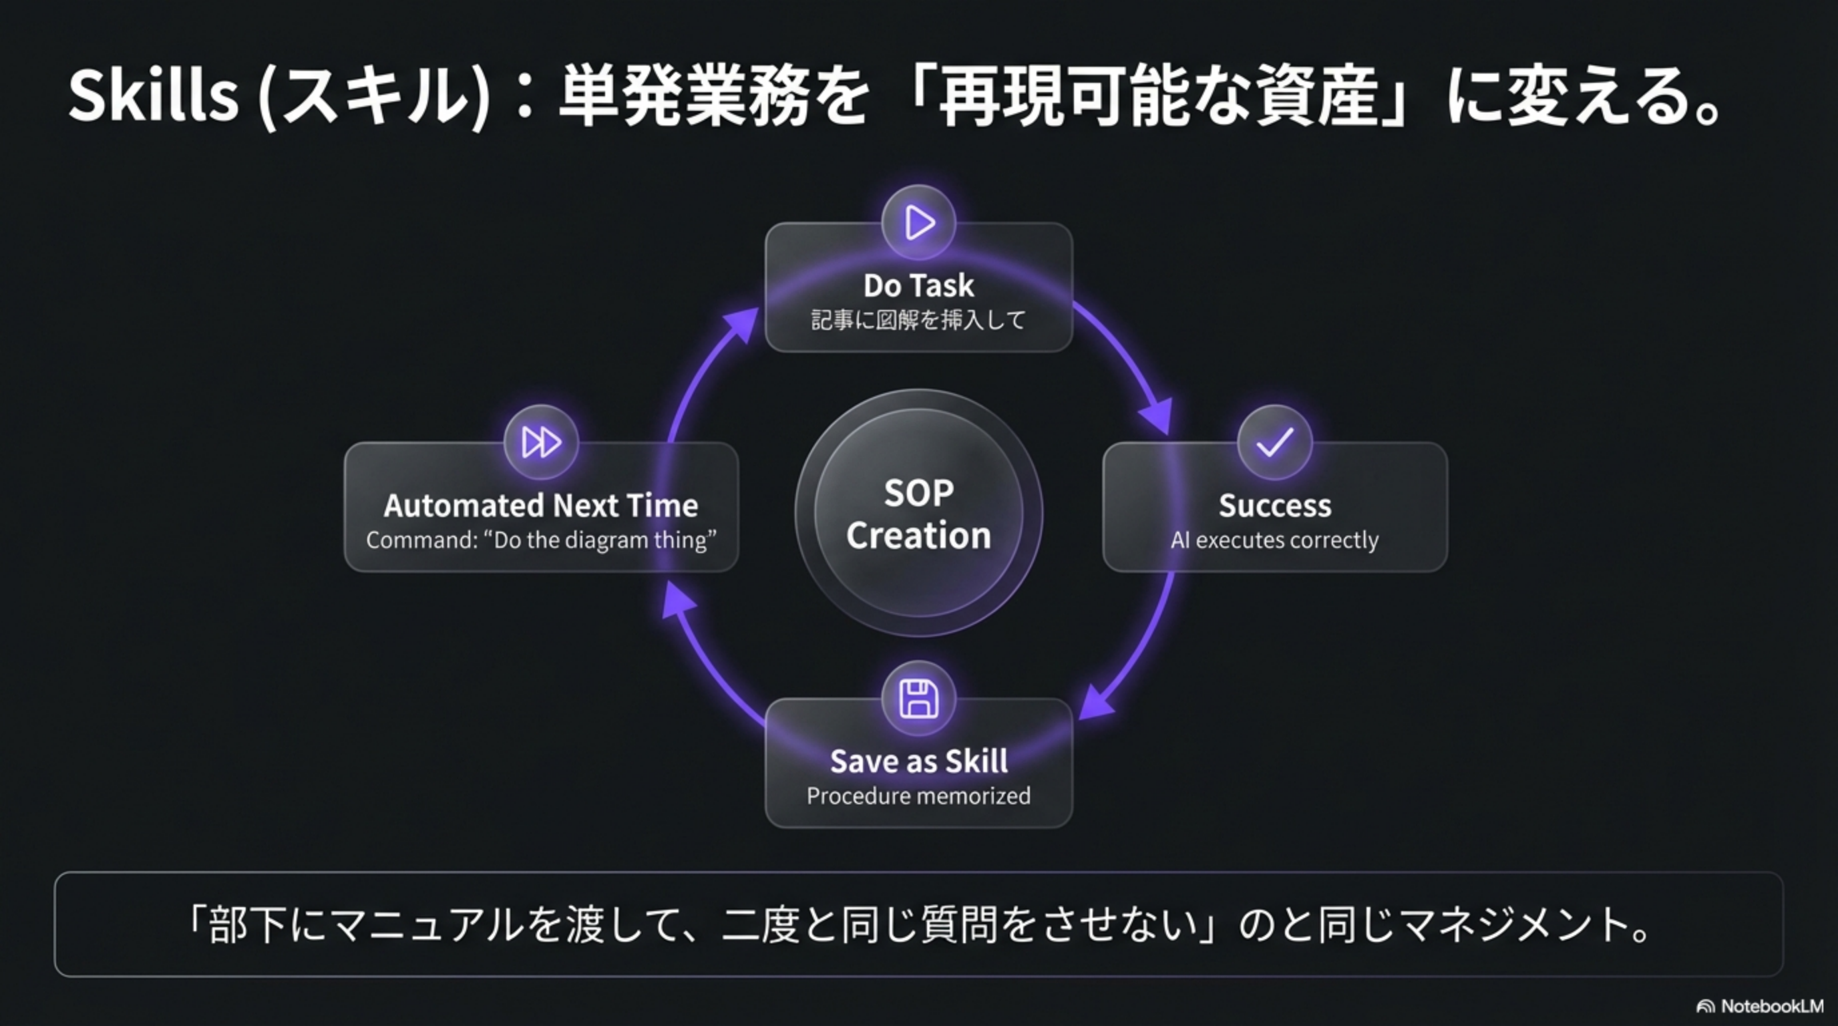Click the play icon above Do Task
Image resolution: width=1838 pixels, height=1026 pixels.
pyautogui.click(x=918, y=222)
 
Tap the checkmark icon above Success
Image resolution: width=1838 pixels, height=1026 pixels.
pyautogui.click(x=1274, y=442)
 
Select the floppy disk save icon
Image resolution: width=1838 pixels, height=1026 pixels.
pyautogui.click(x=918, y=699)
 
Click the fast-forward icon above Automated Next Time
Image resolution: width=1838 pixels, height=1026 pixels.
pyautogui.click(x=541, y=442)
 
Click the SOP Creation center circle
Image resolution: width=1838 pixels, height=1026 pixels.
pyautogui.click(x=918, y=513)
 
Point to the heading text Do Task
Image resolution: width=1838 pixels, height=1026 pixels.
pyautogui.click(x=918, y=285)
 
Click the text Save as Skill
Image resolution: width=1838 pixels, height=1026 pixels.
pyautogui.click(x=918, y=761)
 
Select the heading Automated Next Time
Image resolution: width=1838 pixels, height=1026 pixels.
pyautogui.click(x=541, y=505)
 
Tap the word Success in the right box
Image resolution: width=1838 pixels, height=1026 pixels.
pyautogui.click(x=1274, y=505)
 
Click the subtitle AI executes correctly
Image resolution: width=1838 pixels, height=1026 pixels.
pyautogui.click(x=1274, y=540)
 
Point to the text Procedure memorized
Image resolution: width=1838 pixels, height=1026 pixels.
pyautogui.click(x=918, y=796)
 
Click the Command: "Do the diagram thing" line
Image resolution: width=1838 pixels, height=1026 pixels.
pyautogui.click(x=541, y=540)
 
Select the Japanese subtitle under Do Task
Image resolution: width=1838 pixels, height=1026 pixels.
pyautogui.click(x=918, y=320)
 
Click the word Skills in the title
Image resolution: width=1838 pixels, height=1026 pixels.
pyautogui.click(x=154, y=96)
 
